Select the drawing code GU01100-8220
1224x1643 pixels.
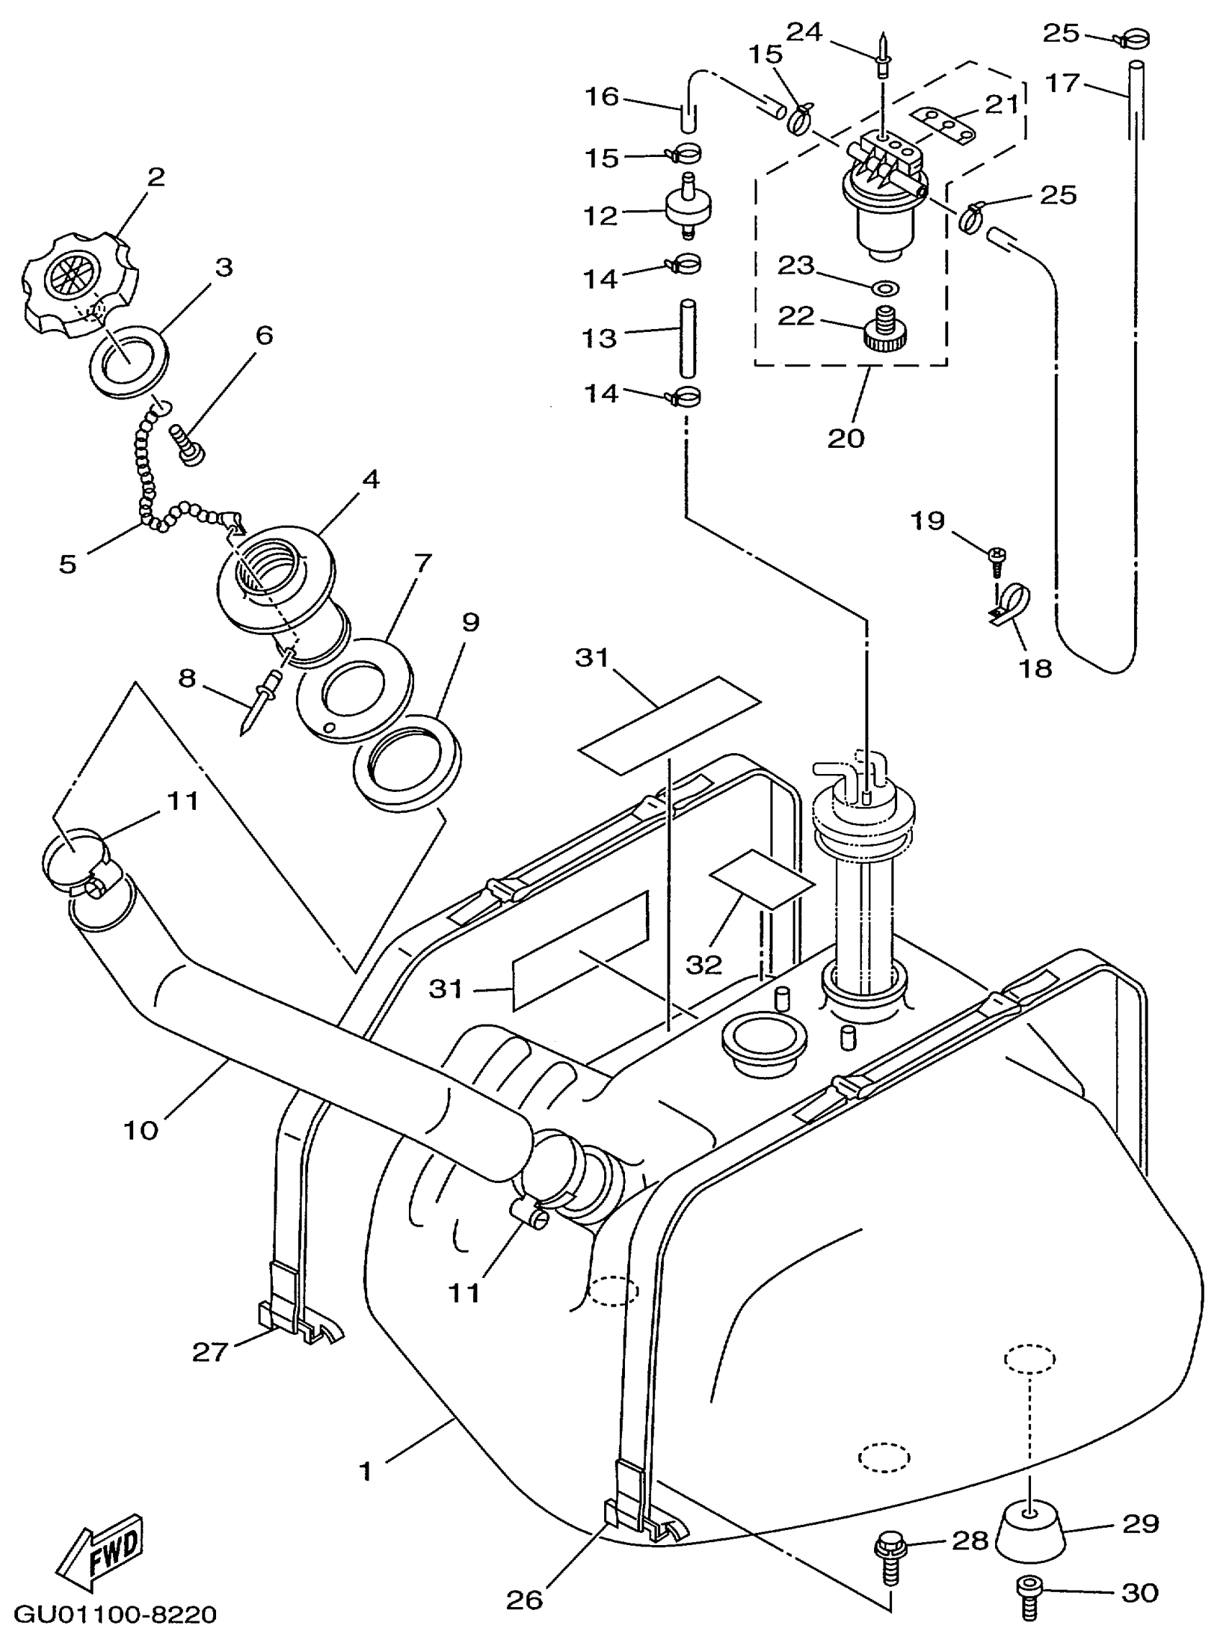coord(115,1614)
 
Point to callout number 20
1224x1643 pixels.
coord(846,438)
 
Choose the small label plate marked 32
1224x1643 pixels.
coord(762,879)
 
